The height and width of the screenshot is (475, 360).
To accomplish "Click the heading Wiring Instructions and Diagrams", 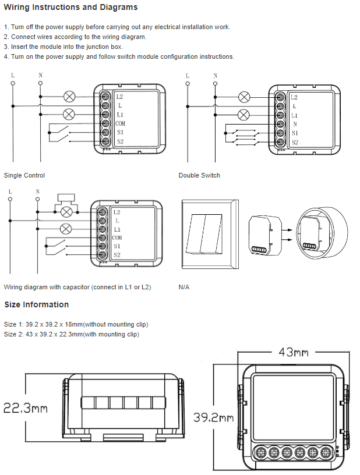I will click(x=71, y=8).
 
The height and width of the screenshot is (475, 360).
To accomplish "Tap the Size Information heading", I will click(x=37, y=304).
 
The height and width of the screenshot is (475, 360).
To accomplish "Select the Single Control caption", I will click(x=24, y=175).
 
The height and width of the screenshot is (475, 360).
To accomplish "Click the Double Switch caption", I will click(x=199, y=175).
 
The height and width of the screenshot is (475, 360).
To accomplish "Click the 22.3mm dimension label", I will click(x=25, y=408).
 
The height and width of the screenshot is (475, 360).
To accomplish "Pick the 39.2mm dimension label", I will click(x=213, y=418).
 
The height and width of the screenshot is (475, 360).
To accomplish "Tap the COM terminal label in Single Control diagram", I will click(x=120, y=123).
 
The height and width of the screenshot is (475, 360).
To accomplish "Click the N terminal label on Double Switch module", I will click(x=295, y=124).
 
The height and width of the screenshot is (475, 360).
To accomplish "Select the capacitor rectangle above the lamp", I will click(x=67, y=198).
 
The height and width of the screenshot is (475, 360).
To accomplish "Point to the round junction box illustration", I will click(x=317, y=233).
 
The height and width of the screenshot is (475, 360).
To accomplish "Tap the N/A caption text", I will click(x=184, y=288).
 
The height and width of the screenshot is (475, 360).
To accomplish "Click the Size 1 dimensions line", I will click(x=76, y=324).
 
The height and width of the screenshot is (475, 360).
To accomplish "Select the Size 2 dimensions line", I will click(x=72, y=334).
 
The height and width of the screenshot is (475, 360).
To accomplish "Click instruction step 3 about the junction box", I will click(x=63, y=47).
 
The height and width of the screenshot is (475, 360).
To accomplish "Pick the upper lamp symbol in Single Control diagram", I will click(x=69, y=96).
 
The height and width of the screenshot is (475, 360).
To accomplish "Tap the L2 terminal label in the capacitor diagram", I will click(x=117, y=212).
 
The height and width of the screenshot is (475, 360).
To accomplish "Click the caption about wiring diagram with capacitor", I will click(x=77, y=288).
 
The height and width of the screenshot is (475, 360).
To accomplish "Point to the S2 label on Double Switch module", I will click(x=295, y=142).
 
